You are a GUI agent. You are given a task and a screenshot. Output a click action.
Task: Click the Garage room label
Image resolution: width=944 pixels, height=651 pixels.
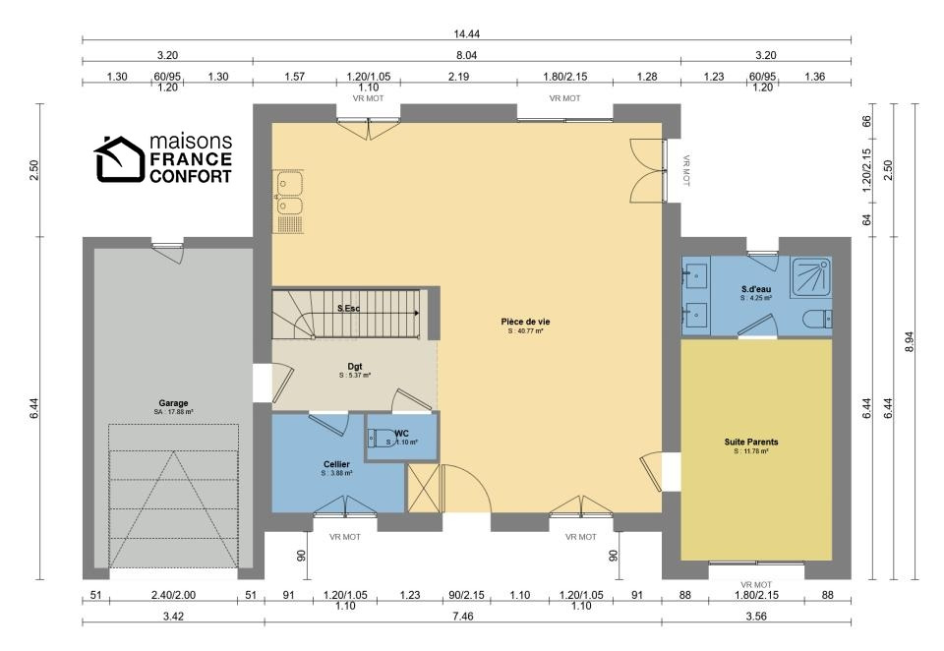173,403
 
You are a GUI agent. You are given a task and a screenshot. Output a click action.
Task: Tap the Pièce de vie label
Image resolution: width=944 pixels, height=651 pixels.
525,322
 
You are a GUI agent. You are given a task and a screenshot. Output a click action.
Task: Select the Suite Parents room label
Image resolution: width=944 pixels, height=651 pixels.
750,442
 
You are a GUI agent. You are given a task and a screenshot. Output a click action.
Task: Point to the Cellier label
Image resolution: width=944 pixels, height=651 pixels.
336,464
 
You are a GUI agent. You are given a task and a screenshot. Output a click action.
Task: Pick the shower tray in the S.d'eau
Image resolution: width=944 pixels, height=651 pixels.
811,277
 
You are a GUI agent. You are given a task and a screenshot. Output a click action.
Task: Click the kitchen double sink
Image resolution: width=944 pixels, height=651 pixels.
289,194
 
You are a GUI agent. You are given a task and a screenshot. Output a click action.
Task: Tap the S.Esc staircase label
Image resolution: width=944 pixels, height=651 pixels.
348,309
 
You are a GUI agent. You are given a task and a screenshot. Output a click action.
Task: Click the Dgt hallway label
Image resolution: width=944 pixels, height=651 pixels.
355,366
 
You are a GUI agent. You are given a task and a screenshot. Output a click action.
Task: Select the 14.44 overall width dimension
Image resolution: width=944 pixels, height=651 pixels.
466,34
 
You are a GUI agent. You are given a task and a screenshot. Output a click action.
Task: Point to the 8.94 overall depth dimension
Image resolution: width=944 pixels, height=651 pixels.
909,342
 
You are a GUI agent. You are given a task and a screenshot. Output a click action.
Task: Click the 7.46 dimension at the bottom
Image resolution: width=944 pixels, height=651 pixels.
462,616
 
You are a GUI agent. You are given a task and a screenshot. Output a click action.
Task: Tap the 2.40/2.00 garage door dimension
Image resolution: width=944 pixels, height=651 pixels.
173,595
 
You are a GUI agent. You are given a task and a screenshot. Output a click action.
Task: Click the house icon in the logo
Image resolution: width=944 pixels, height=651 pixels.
119,159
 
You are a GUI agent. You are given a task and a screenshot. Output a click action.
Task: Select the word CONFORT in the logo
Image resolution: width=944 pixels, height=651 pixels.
190,176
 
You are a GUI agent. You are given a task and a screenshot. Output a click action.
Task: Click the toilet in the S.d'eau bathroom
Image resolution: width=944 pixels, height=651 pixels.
818,319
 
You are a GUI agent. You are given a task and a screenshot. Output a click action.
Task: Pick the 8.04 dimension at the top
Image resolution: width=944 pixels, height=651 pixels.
466,55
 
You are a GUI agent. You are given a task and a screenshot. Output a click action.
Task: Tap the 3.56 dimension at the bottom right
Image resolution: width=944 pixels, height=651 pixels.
756,616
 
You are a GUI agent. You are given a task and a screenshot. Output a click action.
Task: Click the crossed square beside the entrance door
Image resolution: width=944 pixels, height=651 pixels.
424,488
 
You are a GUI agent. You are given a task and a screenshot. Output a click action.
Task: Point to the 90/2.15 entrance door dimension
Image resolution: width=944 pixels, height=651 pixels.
466,595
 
